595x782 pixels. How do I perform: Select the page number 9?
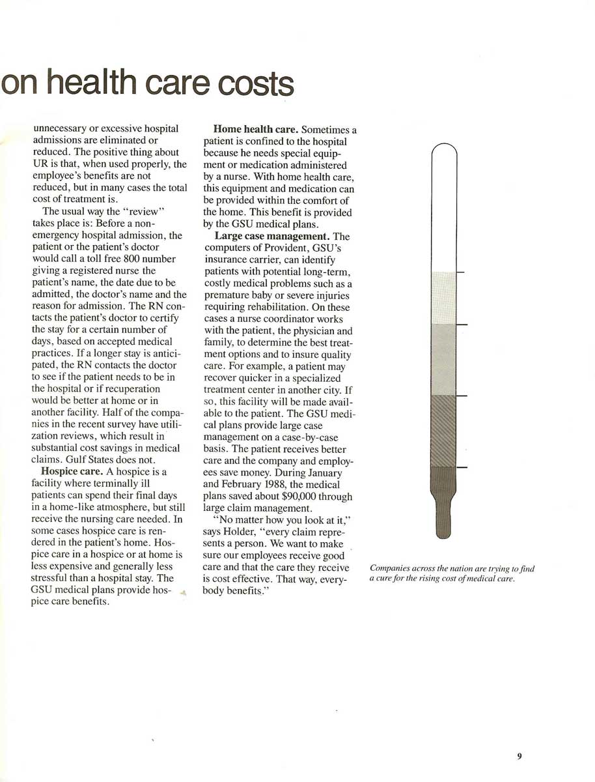point(519,757)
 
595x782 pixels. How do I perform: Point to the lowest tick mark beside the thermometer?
point(461,467)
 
